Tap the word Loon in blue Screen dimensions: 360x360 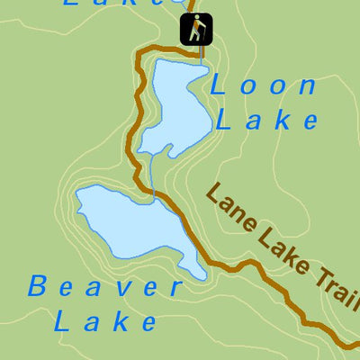(263, 86)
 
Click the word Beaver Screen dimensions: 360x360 (105, 288)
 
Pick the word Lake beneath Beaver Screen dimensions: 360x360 (105, 320)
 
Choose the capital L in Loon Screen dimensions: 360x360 (219, 86)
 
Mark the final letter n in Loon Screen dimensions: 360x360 (307, 87)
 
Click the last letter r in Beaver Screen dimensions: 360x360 (175, 289)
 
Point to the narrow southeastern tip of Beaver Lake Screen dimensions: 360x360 (200, 274)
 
